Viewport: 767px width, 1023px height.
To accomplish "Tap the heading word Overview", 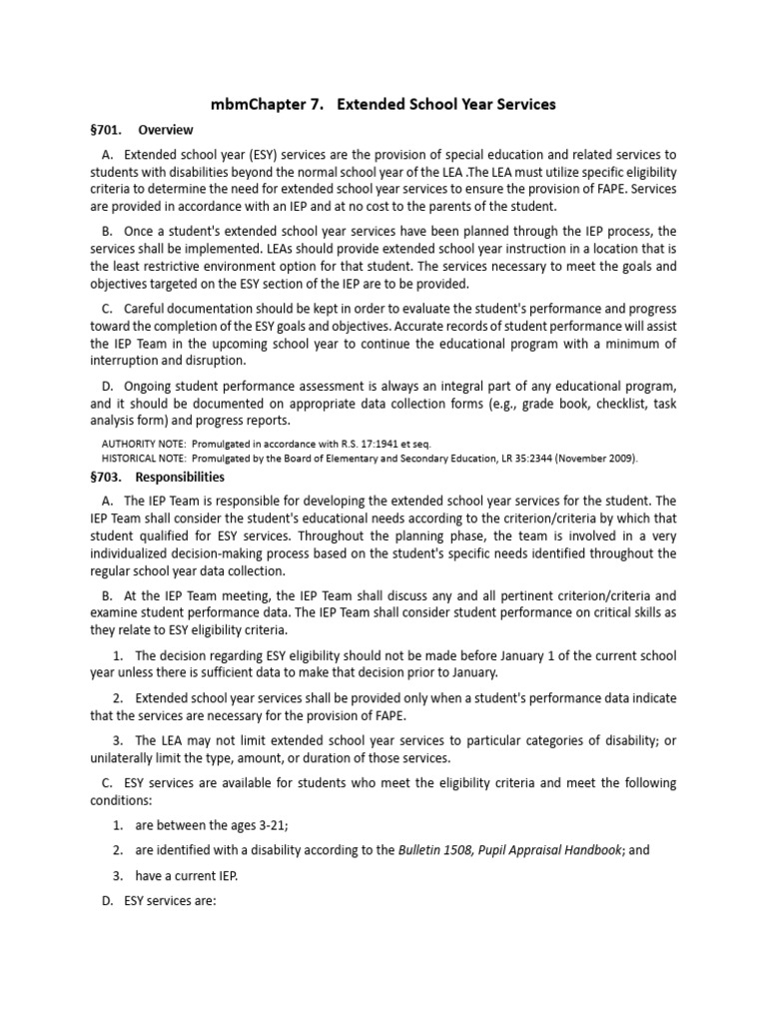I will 166,130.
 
